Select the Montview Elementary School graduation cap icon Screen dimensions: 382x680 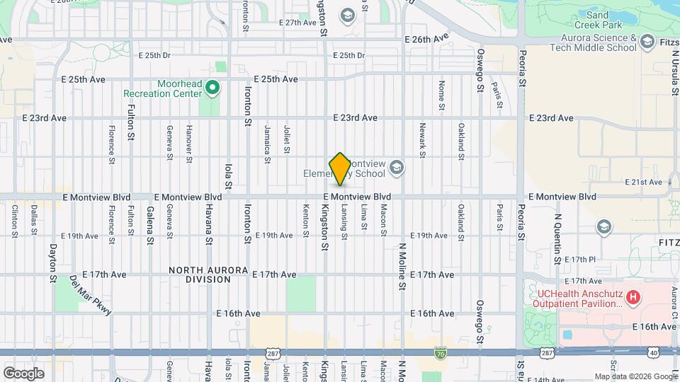pos(397,168)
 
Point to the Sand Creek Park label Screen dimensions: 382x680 pos(607,19)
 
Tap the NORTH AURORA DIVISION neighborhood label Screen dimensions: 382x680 pos(208,274)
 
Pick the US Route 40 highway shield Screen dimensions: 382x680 pos(653,352)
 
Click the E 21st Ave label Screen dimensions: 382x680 pos(643,183)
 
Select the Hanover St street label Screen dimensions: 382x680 pos(189,144)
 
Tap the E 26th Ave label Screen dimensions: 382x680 pos(426,38)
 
